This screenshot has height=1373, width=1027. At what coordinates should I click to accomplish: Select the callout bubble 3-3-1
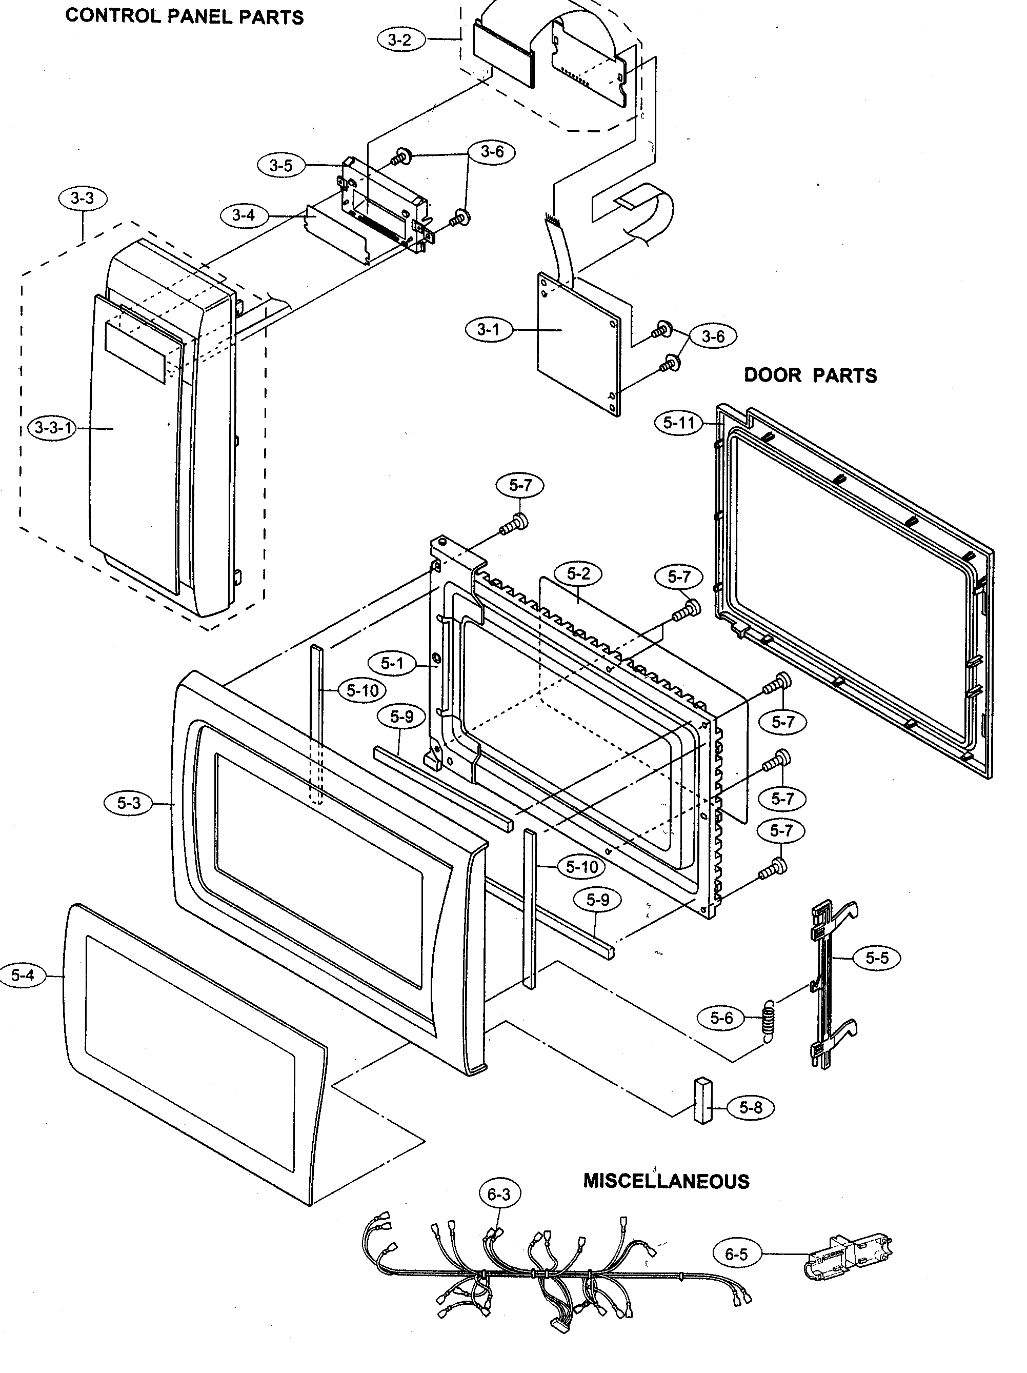tap(53, 428)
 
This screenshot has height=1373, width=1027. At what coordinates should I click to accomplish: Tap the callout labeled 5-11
tap(678, 423)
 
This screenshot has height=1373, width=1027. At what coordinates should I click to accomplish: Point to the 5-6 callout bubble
tap(721, 1018)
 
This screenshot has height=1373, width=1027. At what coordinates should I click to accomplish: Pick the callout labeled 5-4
tap(23, 975)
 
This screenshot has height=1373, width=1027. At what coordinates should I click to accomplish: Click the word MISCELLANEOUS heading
tap(666, 1181)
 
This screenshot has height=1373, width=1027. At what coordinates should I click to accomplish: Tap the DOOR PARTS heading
tap(810, 375)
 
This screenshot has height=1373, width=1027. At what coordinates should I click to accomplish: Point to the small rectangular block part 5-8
tap(702, 1100)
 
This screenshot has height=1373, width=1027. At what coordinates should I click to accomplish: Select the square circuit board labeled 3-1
tap(577, 345)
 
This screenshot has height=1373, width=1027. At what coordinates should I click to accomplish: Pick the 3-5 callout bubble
tap(281, 166)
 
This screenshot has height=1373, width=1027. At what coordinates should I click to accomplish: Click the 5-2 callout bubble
tap(578, 574)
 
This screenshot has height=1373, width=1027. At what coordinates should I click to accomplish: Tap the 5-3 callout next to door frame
tap(129, 803)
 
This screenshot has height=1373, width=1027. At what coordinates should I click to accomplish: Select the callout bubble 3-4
tap(243, 215)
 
